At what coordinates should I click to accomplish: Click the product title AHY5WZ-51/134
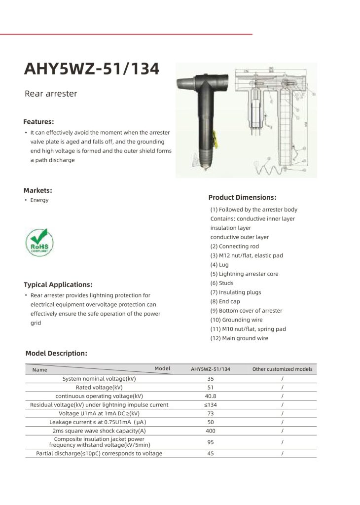click(x=92, y=69)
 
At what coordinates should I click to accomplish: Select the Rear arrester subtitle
click(x=51, y=94)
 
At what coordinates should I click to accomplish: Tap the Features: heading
click(x=38, y=121)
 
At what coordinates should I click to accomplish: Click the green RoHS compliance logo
click(x=39, y=242)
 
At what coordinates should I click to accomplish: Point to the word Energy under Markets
click(x=39, y=200)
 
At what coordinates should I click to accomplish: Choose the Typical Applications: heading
click(x=58, y=285)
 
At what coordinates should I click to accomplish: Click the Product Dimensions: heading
click(x=242, y=197)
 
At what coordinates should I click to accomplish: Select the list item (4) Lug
click(x=219, y=265)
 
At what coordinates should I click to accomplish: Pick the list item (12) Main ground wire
click(x=239, y=338)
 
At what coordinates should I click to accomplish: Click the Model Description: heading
click(x=56, y=353)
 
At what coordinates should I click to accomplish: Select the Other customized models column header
click(x=282, y=369)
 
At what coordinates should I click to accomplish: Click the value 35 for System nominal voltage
click(x=211, y=379)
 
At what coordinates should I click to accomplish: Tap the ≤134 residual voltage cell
click(x=211, y=404)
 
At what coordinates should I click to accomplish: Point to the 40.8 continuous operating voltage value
click(x=211, y=396)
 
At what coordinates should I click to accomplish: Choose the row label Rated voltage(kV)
click(x=99, y=388)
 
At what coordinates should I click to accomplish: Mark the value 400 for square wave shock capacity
click(x=211, y=431)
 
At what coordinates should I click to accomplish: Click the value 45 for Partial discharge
click(x=211, y=454)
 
